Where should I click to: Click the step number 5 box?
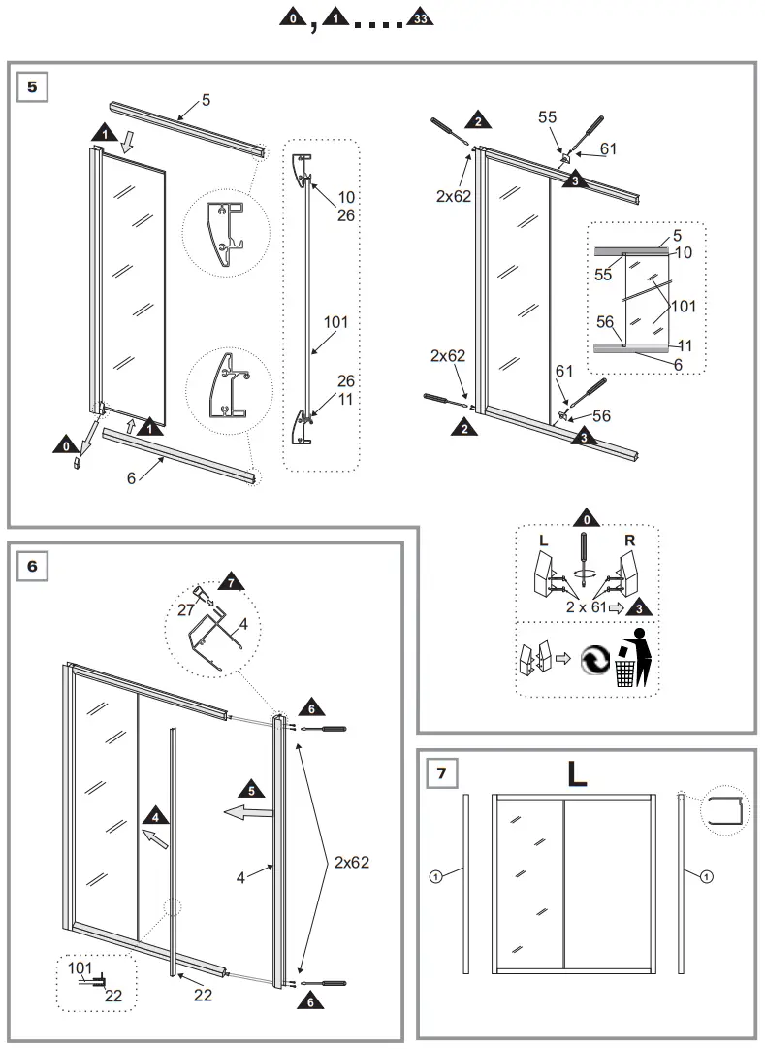(x=32, y=87)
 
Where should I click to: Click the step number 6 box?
(x=32, y=566)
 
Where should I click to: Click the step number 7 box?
(x=442, y=773)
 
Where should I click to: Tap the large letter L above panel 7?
(x=577, y=772)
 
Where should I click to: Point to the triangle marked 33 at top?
(x=421, y=19)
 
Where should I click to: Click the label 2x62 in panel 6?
(x=351, y=861)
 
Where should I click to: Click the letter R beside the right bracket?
(x=631, y=540)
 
